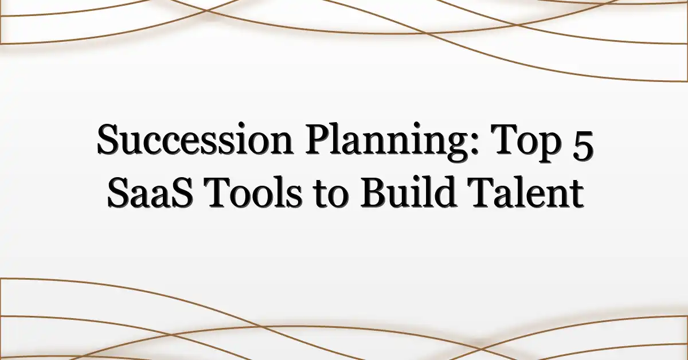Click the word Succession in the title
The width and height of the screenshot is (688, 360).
coord(195,139)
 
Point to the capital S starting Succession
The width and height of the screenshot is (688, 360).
coord(109,139)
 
